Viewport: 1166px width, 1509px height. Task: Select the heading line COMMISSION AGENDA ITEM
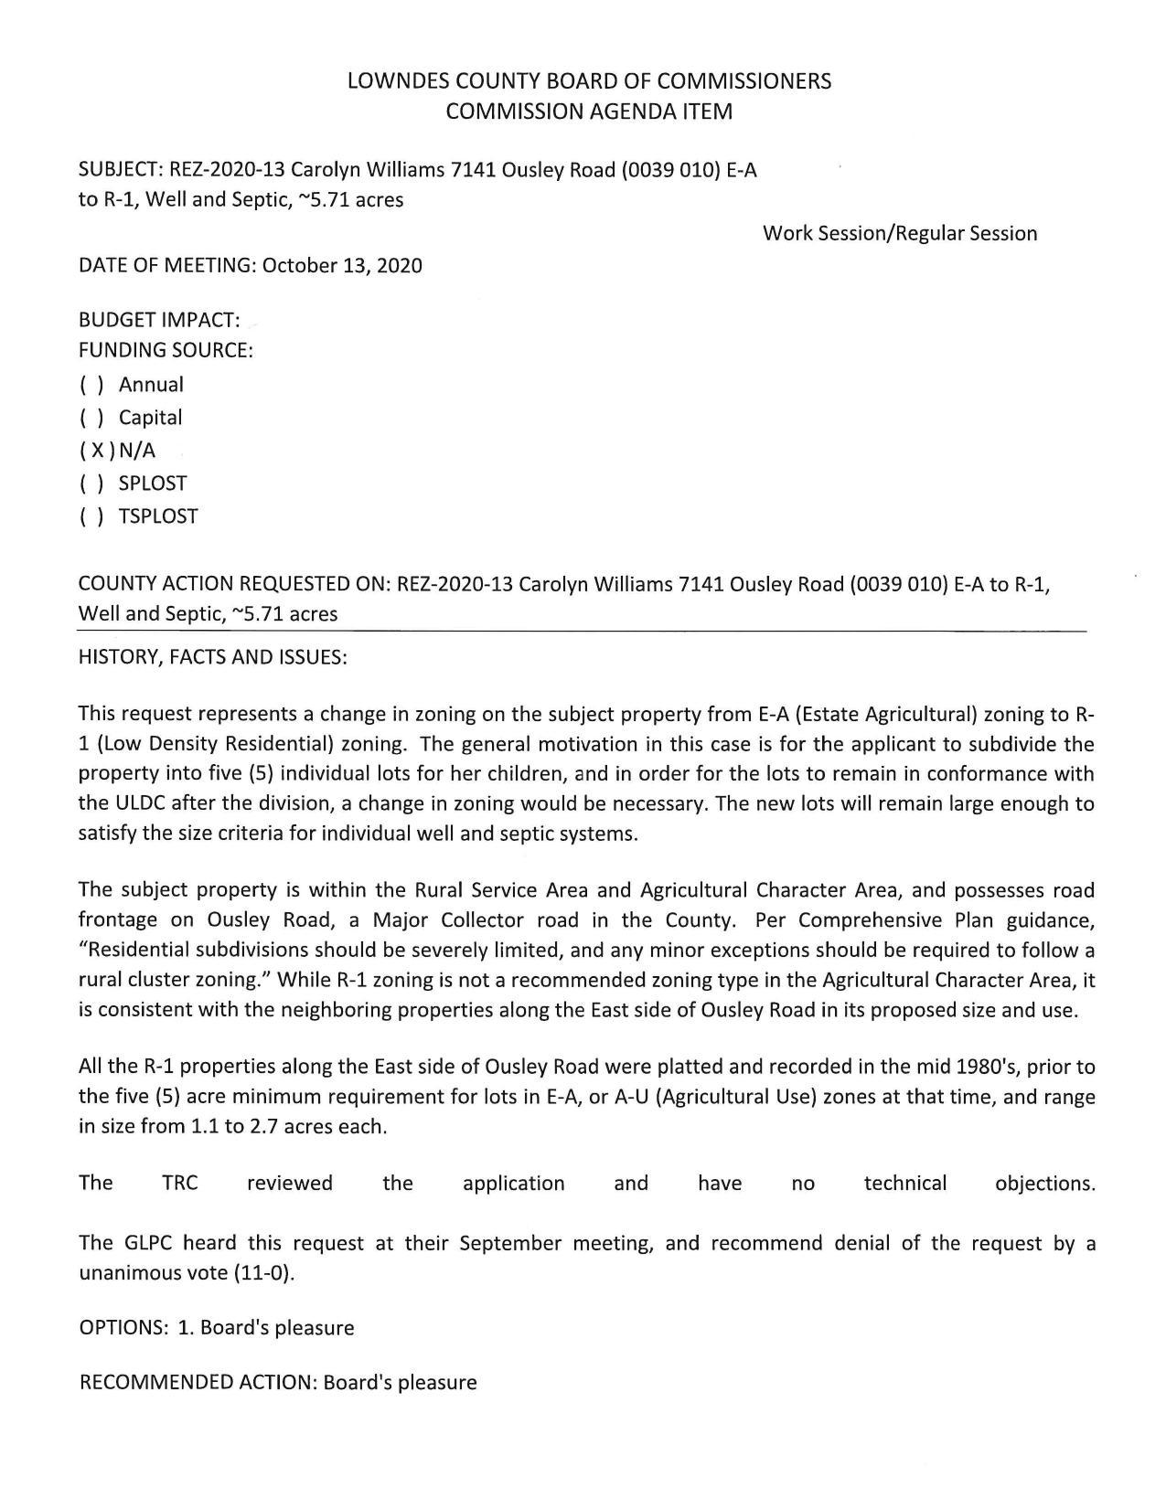point(589,112)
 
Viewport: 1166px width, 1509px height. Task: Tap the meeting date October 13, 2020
point(342,266)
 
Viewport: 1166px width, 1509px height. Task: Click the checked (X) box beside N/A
point(97,451)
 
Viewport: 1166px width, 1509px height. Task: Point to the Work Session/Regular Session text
point(900,233)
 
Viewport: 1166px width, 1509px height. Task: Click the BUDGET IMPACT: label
point(159,321)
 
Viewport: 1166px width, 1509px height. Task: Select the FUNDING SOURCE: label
point(166,350)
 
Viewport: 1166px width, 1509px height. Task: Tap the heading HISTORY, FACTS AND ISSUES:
point(213,657)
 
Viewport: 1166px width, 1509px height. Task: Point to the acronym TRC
point(180,1184)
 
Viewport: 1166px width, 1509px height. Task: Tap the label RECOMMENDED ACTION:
point(198,1382)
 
